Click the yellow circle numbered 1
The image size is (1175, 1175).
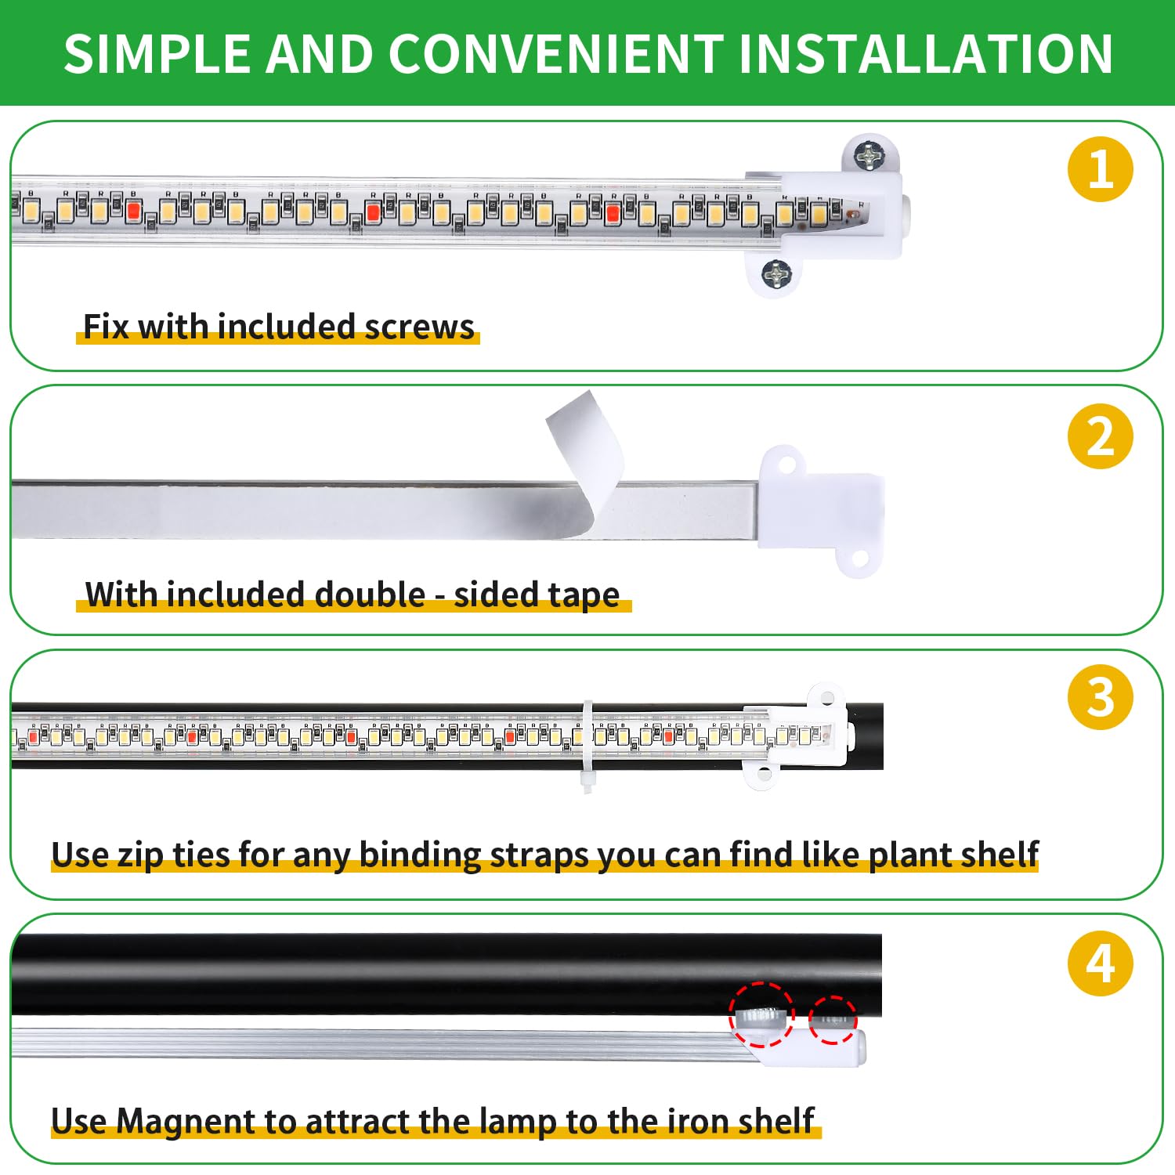pos(1100,169)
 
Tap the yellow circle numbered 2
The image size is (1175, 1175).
pos(1100,436)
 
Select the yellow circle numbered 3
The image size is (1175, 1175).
pos(1100,697)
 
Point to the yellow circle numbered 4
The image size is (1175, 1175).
pos(1100,963)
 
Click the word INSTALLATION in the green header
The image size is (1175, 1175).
pos(924,54)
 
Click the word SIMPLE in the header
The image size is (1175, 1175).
pos(157,54)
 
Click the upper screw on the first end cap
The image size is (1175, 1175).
pos(868,157)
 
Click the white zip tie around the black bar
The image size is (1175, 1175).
pos(587,744)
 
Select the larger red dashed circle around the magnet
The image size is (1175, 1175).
pos(761,1014)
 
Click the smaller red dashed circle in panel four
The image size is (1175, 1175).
pos(833,1020)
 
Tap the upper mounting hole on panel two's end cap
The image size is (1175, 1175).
pos(786,465)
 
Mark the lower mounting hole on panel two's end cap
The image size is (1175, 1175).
pos(859,559)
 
